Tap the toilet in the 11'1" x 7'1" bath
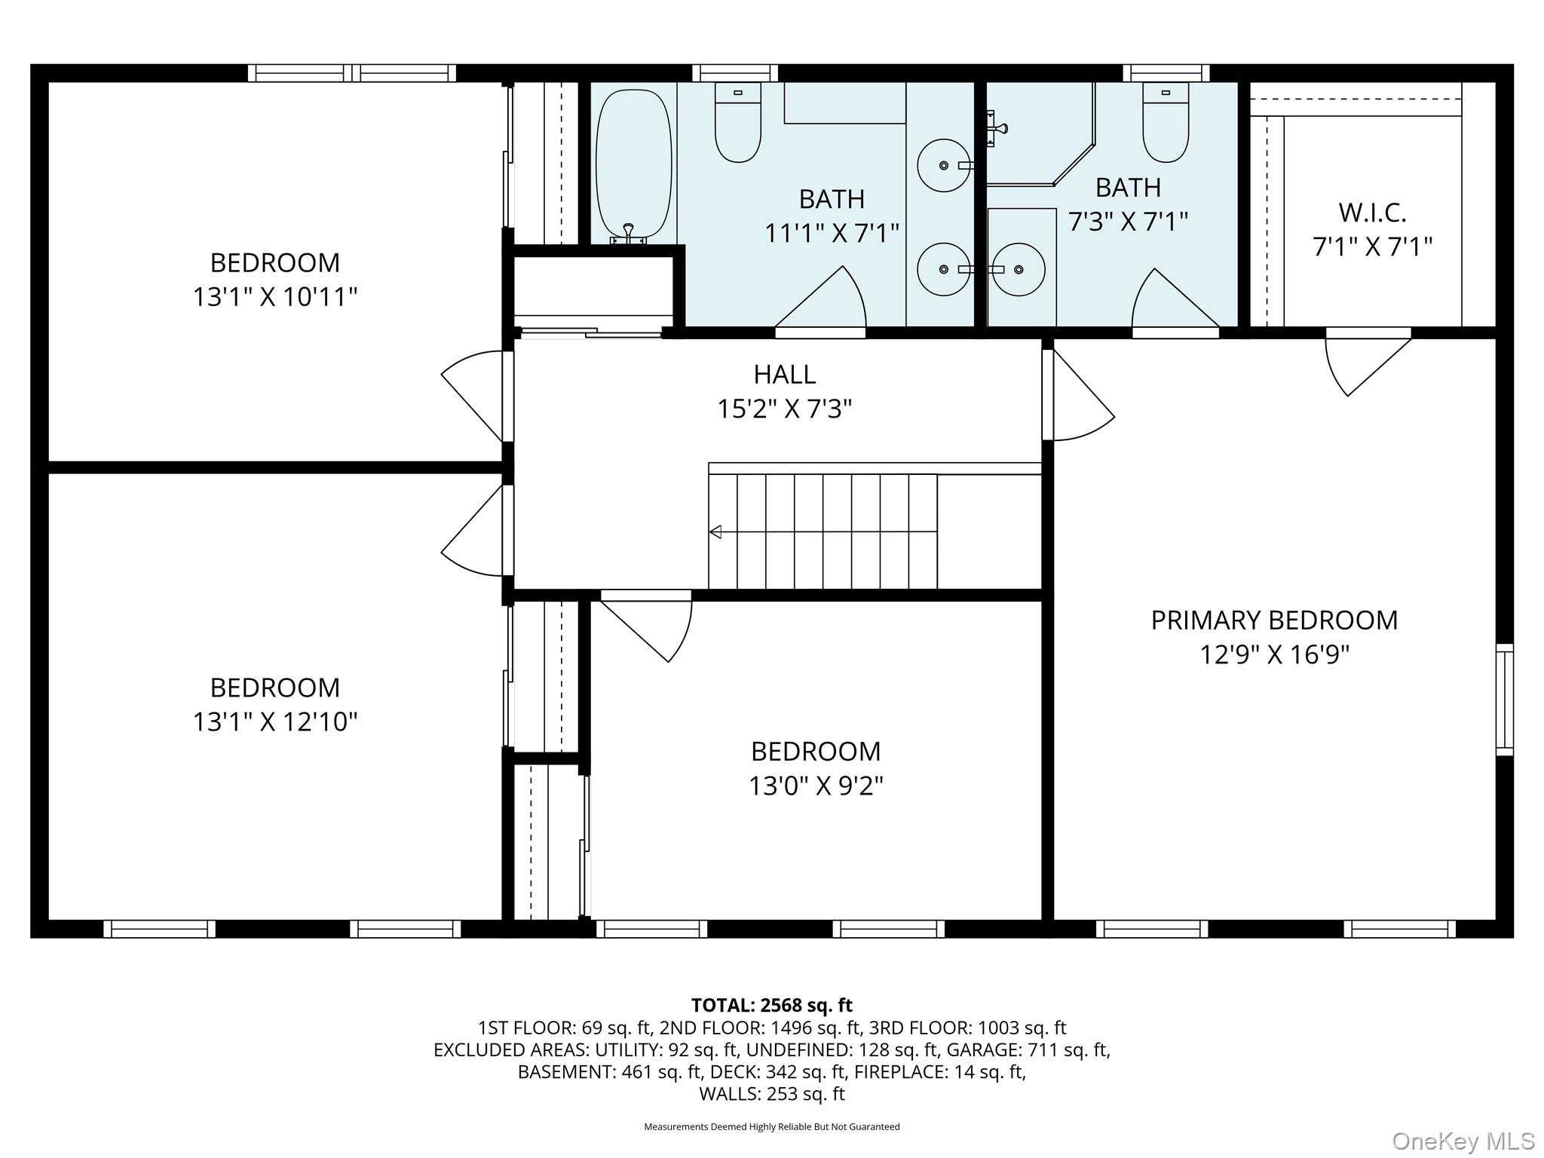click(737, 124)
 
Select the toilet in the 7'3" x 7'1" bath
click(1165, 124)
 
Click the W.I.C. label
click(1372, 213)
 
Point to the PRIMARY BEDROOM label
click(1274, 620)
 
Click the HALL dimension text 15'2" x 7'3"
click(784, 409)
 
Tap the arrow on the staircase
click(715, 532)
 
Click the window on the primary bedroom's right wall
click(1504, 700)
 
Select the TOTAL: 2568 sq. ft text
click(771, 1005)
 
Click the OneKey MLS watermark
click(1463, 1141)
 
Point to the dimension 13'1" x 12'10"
click(274, 722)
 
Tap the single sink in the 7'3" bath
click(1019, 269)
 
